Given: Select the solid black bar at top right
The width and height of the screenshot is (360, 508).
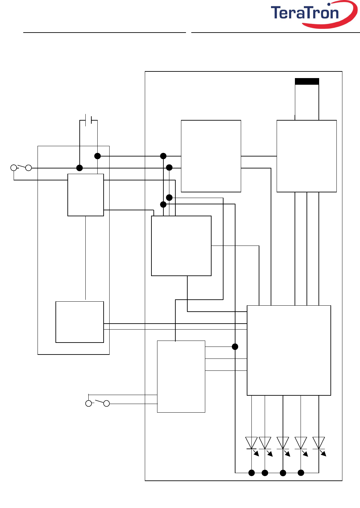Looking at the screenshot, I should pos(307,81).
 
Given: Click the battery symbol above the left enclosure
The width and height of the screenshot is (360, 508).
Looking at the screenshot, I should pos(88,120).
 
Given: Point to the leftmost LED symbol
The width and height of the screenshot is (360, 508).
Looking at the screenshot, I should pos(251,443).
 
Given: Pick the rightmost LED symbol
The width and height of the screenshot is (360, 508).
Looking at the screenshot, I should pos(319,443).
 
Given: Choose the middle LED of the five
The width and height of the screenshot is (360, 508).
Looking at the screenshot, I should pos(283,443).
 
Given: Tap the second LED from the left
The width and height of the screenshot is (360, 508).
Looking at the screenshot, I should pos(265,443).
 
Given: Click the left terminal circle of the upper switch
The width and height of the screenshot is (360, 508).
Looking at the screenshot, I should pos(14,168).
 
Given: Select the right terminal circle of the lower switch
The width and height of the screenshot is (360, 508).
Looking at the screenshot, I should pos(107,403).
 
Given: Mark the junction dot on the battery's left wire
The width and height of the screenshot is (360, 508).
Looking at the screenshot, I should pos(79,168).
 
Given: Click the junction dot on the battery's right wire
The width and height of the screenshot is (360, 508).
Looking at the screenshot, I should pos(97,156).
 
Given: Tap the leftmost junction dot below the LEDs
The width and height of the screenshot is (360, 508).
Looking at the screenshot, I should pos(252,473).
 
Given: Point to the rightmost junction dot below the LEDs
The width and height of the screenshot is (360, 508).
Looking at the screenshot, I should pos(301,473).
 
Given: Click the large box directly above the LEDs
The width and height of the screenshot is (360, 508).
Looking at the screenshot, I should pos(289,350).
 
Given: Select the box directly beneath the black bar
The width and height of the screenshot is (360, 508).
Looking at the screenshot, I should pos(307,156).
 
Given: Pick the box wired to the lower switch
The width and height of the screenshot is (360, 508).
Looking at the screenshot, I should pos(181,376).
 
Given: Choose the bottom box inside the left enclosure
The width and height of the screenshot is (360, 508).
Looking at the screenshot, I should pos(80,322).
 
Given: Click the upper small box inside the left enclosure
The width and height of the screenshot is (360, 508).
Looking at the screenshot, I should pos(86,195).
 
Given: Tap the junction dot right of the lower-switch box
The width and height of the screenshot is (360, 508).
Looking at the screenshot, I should pos(235,347).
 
